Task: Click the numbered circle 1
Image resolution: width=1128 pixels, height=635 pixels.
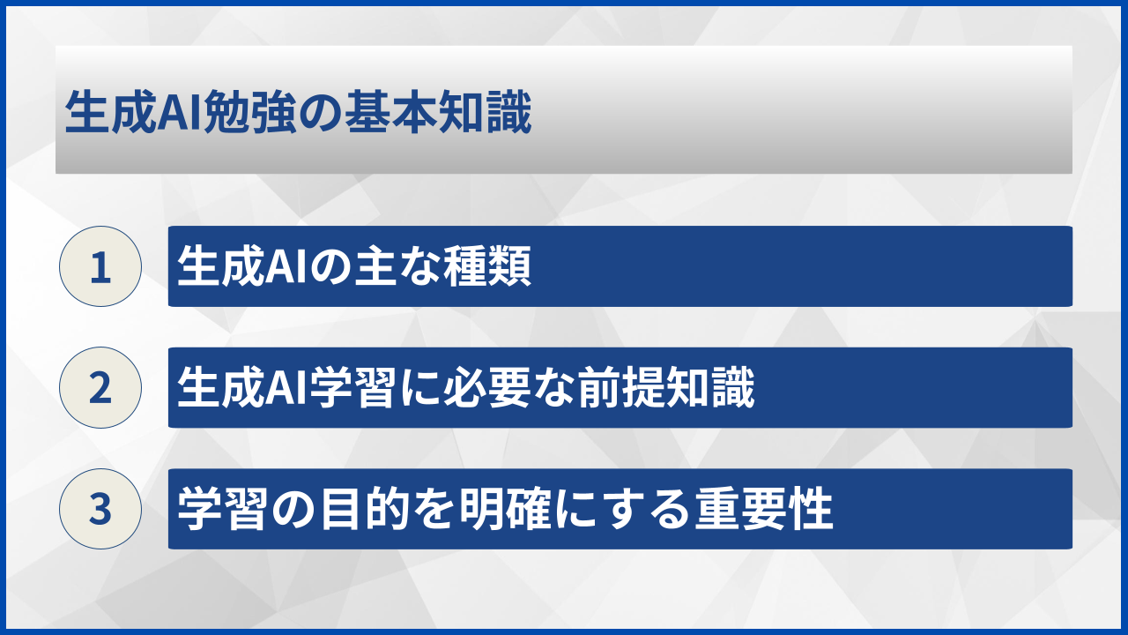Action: pyautogui.click(x=100, y=266)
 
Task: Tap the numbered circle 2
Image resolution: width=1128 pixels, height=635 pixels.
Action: pyautogui.click(x=100, y=388)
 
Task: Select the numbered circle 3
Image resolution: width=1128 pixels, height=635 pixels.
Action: pyautogui.click(x=100, y=509)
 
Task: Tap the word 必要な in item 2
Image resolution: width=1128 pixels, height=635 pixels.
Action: pyautogui.click(x=494, y=389)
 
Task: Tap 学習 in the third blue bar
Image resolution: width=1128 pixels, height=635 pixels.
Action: pyautogui.click(x=215, y=510)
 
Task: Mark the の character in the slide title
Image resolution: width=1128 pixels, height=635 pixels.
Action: pyautogui.click(x=322, y=115)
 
